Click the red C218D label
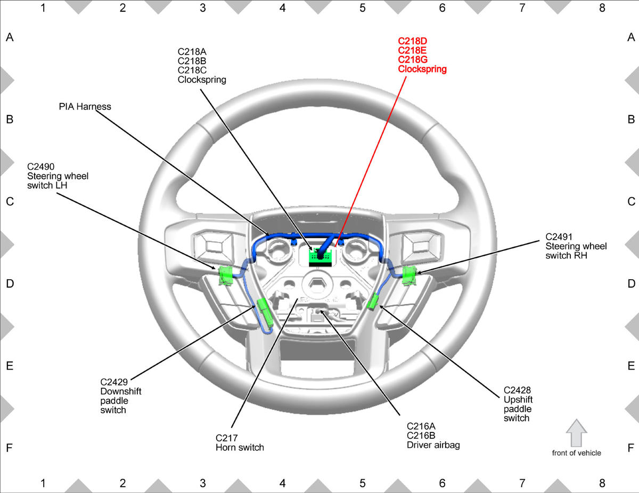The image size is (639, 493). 412,41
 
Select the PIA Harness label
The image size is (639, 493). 85,106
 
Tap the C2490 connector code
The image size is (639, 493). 40,166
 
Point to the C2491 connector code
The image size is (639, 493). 559,237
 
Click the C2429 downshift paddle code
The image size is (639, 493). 114,382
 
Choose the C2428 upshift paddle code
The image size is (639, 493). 517,390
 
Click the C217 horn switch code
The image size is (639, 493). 226,438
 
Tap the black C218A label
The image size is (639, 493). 192,52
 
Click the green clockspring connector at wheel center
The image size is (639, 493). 320,257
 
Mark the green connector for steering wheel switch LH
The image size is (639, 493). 226,275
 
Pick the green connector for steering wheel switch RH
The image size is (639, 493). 409,275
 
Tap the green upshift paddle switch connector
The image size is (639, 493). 373,301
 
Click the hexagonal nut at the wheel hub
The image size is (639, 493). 317,283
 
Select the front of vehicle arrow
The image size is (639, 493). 576,433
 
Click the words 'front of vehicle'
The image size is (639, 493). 576,453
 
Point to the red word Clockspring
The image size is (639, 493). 422,69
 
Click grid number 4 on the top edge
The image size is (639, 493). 283,8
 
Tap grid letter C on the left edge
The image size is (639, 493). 10,202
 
